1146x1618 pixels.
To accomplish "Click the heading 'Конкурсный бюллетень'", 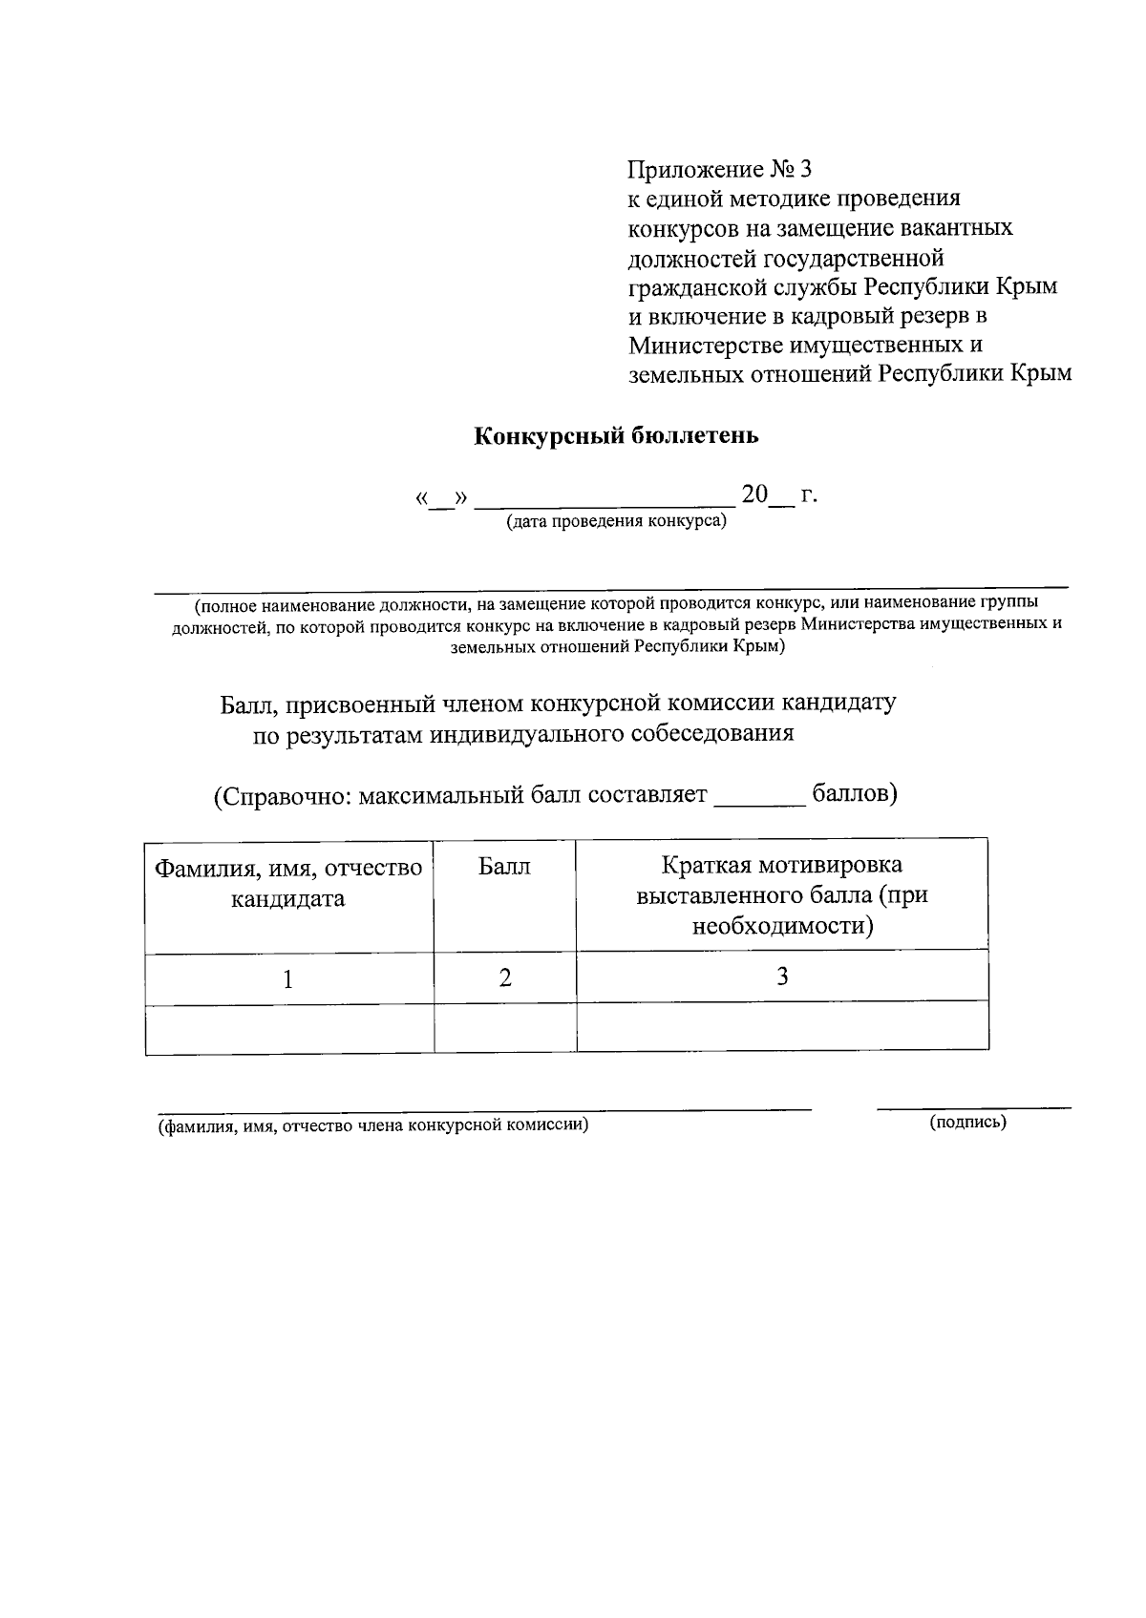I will pyautogui.click(x=616, y=436).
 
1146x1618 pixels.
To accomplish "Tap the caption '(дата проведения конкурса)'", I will pyautogui.click(x=616, y=522).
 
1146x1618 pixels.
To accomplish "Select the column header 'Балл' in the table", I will pyautogui.click(x=504, y=867).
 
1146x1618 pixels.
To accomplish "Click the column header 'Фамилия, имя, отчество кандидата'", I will pyautogui.click(x=288, y=883).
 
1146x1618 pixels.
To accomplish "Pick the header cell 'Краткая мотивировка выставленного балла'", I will pyautogui.click(x=781, y=895).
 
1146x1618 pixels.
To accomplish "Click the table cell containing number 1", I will pyautogui.click(x=288, y=978).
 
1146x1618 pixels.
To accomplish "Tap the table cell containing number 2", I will pyautogui.click(x=504, y=977).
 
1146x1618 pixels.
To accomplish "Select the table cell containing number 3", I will pyautogui.click(x=781, y=976).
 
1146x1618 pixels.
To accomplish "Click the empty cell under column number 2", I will pyautogui.click(x=504, y=1028).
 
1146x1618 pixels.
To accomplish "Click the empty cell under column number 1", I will pyautogui.click(x=288, y=1029).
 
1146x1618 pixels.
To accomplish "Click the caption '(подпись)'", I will pyautogui.click(x=967, y=1123).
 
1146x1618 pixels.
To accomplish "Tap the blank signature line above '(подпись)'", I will pyautogui.click(x=973, y=1106).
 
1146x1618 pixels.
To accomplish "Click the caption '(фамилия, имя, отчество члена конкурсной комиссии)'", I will pyautogui.click(x=373, y=1124).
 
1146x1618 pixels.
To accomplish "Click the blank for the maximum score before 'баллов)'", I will pyautogui.click(x=760, y=802).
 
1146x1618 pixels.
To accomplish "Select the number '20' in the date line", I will pyautogui.click(x=754, y=494).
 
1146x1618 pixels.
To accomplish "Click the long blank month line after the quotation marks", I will pyautogui.click(x=605, y=500).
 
